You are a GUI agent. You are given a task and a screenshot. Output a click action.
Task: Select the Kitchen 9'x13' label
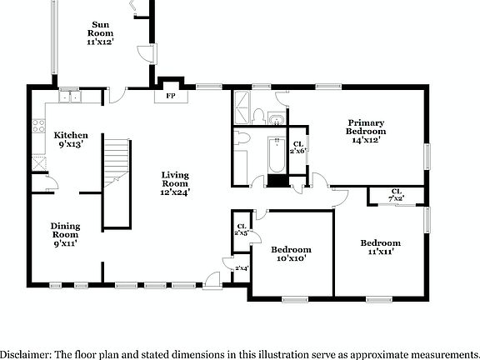pos(70,139)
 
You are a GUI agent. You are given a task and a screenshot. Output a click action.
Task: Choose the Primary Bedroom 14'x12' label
pos(367,131)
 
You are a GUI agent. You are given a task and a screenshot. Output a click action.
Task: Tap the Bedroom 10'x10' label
pos(291,254)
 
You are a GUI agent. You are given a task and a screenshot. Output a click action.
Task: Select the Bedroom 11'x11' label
pos(381,247)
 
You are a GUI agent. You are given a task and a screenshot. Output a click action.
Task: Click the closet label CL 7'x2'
pos(396,195)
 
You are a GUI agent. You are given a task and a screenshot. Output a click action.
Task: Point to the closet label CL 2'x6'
pos(297,146)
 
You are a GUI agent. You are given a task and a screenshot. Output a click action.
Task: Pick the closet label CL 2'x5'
pos(241,229)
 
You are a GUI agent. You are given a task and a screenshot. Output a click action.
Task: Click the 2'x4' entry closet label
pos(242,268)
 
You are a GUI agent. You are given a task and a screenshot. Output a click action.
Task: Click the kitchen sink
pos(69,96)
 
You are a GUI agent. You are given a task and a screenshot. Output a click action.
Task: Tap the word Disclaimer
pos(25,354)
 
